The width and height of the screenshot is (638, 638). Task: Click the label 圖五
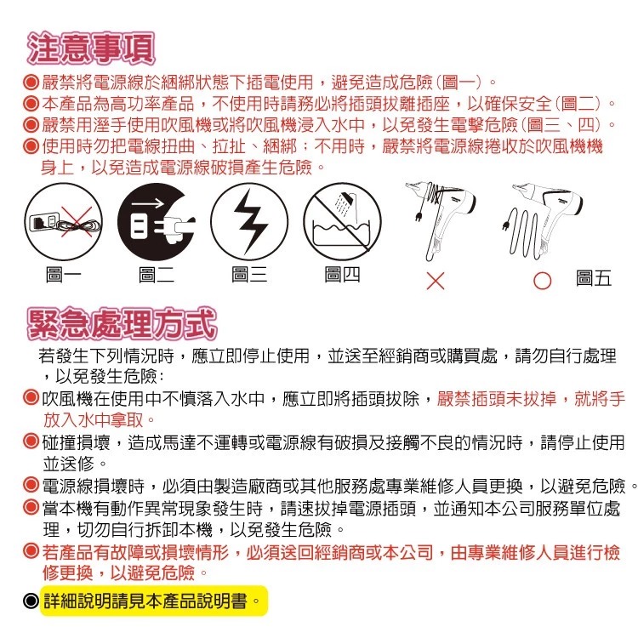click(x=593, y=279)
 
